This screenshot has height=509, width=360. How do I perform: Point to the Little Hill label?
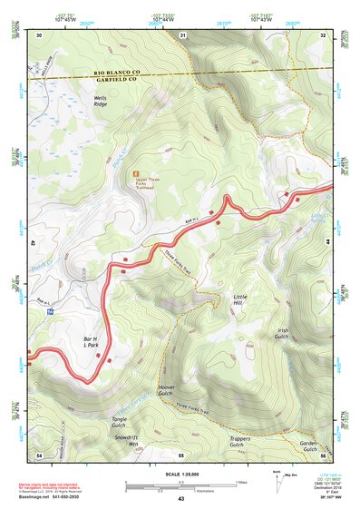pos(239,300)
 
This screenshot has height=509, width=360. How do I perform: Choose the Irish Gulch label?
pos(284,335)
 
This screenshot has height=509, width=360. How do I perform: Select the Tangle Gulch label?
pos(119,422)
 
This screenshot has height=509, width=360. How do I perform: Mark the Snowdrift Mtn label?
pos(126,440)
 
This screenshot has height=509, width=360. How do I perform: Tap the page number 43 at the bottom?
pos(180,499)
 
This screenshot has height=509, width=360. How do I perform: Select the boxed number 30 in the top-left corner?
pos(40,34)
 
